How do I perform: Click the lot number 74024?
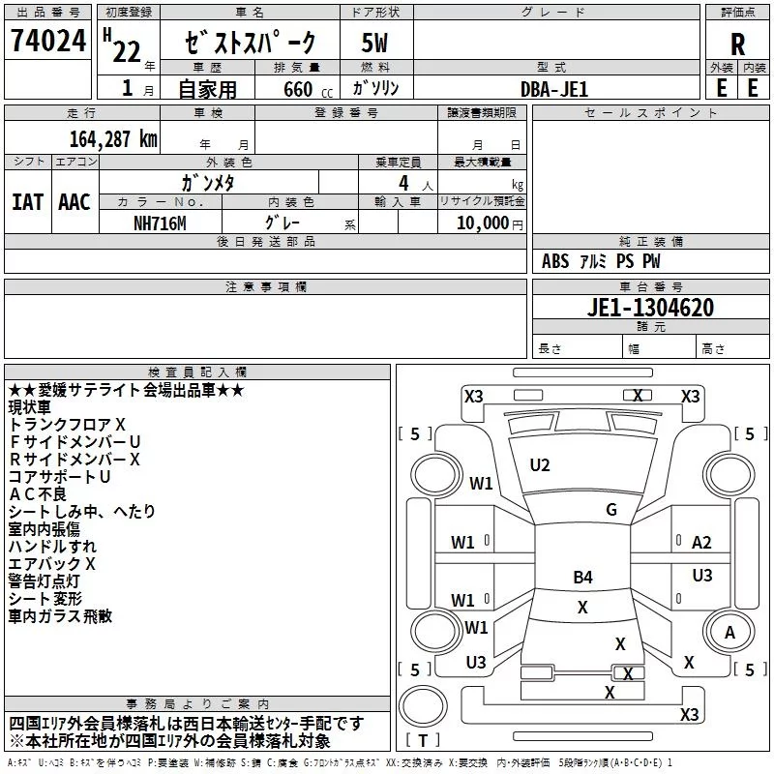48,41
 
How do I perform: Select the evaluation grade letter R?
737,45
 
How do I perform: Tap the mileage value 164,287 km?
113,139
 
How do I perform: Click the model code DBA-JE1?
554,89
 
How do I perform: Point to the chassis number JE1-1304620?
650,308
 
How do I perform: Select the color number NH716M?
160,223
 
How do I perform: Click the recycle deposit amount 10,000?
482,223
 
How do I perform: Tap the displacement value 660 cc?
308,90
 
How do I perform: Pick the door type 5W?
374,44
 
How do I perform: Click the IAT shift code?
27,202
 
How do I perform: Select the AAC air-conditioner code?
74,202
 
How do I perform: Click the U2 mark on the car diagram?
540,465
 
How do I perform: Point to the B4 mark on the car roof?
583,577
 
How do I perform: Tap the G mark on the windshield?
611,510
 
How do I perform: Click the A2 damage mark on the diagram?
701,543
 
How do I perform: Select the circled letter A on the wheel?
729,633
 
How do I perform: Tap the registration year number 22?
127,51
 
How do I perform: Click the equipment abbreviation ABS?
555,261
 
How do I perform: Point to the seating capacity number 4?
403,184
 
